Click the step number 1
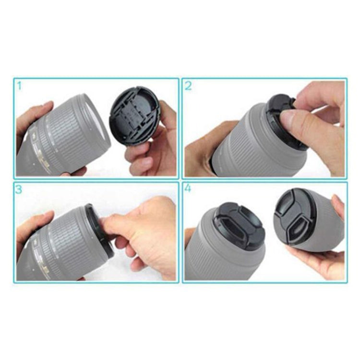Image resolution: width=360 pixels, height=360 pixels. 19,86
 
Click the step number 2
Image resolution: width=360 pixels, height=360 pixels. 188,86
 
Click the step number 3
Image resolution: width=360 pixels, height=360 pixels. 19,189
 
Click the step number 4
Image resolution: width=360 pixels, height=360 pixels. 188,189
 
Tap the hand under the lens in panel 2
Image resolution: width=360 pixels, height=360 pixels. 202,149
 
